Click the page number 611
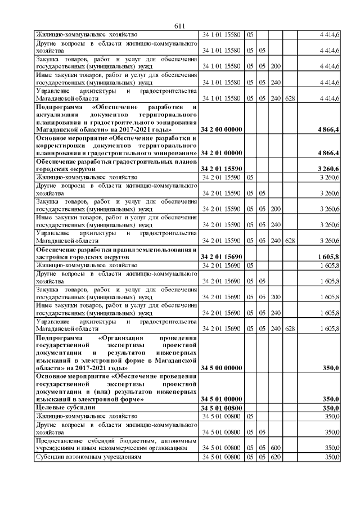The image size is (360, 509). tap(180, 25)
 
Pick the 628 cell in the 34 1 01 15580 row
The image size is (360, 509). tap(290, 99)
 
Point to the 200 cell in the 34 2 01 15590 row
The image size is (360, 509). tap(276, 209)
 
